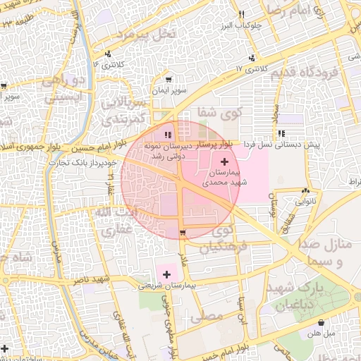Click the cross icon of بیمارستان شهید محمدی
[x=224, y=161]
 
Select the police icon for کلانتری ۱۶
[x=107, y=54]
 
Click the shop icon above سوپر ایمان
[x=168, y=80]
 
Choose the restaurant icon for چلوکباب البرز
[x=242, y=15]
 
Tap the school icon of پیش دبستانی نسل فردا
[x=281, y=133]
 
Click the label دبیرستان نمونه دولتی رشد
[x=166, y=149]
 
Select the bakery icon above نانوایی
[x=305, y=191]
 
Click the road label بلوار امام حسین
[x=95, y=148]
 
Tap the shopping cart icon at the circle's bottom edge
[x=183, y=233]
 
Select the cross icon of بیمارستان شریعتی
[x=166, y=274]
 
